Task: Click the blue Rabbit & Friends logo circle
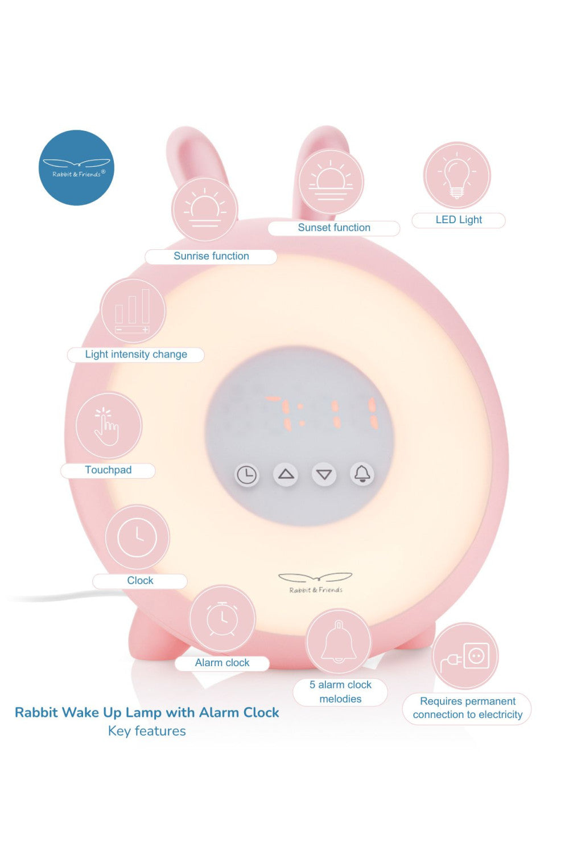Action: tap(76, 167)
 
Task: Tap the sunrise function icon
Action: tap(205, 210)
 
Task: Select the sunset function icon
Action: tap(331, 182)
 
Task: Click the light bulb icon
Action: tap(456, 175)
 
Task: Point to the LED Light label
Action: tap(459, 220)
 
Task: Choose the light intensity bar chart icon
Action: tap(133, 311)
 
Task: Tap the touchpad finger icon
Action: tap(109, 425)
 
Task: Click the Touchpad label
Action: tap(108, 470)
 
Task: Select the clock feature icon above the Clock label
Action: tap(137, 537)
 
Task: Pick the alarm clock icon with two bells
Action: tap(222, 619)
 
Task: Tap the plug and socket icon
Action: tap(465, 656)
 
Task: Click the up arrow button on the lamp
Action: tap(286, 474)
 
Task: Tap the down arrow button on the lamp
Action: tap(324, 474)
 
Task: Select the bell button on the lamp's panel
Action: tap(362, 474)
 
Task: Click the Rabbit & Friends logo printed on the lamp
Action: tap(316, 583)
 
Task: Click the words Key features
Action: tap(147, 731)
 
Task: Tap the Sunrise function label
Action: tap(211, 256)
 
